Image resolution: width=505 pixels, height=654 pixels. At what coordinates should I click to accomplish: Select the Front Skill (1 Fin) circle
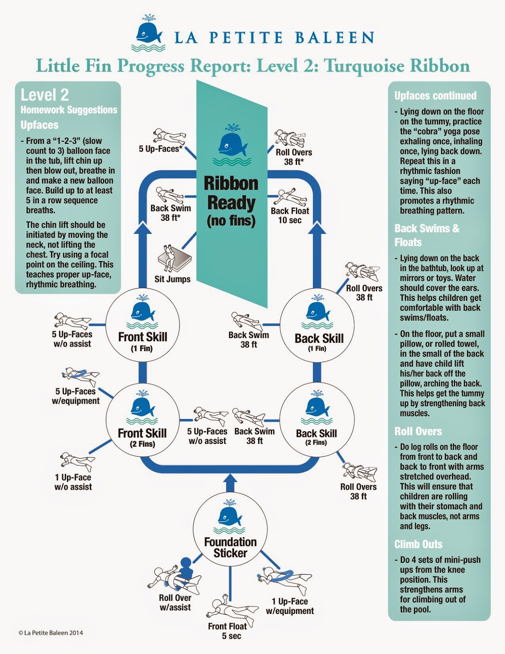click(x=143, y=325)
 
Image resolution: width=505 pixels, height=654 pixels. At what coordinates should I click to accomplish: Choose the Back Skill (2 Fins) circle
click(x=317, y=419)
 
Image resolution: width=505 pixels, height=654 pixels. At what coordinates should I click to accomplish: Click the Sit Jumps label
click(x=172, y=279)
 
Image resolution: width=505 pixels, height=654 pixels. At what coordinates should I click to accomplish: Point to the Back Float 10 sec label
click(x=290, y=215)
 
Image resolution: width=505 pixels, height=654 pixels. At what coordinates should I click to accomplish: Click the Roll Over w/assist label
click(x=175, y=602)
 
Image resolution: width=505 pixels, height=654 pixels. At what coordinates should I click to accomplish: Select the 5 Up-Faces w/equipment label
click(x=76, y=396)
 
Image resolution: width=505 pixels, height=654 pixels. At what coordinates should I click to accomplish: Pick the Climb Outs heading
click(x=418, y=544)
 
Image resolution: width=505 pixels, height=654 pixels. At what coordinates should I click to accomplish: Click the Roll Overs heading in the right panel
click(x=418, y=431)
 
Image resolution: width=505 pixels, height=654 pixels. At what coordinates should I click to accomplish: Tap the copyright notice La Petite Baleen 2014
click(x=51, y=633)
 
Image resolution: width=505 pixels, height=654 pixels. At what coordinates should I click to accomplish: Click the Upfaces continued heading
click(x=435, y=96)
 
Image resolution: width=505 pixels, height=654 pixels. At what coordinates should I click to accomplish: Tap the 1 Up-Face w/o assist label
click(x=73, y=482)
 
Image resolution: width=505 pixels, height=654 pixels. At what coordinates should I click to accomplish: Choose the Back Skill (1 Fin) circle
click(x=317, y=325)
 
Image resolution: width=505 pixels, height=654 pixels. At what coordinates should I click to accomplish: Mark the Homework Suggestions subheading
click(x=69, y=110)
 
